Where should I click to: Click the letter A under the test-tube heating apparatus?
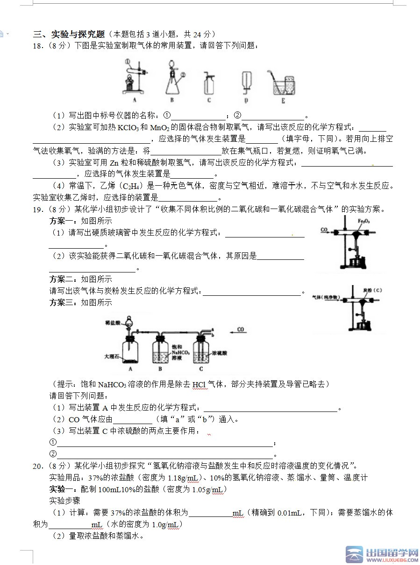pos(134,100)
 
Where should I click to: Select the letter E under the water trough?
pos(283,101)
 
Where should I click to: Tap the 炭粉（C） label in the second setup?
pos(372,290)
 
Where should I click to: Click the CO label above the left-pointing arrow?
pos(241,329)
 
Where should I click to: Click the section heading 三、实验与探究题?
pos(69,34)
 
